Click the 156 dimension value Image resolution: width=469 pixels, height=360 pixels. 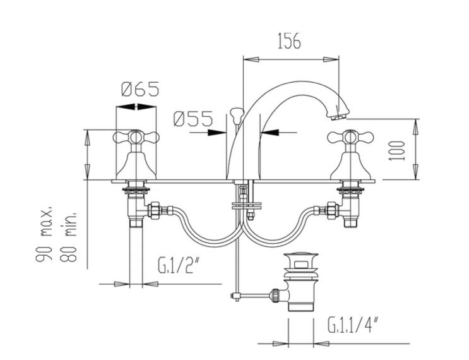[x=289, y=41]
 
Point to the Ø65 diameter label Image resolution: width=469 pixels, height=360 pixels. [x=140, y=89]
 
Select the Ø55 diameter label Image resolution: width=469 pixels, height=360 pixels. [x=193, y=119]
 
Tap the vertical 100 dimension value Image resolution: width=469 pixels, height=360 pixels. [x=397, y=150]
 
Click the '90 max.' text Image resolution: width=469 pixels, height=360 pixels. [x=44, y=234]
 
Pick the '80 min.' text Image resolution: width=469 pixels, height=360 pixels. [x=68, y=237]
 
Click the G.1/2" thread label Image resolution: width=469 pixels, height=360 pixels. [x=179, y=265]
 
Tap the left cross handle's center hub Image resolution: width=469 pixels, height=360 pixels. [x=136, y=137]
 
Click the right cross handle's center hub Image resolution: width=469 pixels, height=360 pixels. [x=350, y=137]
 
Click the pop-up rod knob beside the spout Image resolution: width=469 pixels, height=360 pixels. [x=236, y=114]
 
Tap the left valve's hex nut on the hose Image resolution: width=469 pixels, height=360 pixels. [x=154, y=210]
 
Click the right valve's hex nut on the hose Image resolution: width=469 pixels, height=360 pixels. [x=332, y=210]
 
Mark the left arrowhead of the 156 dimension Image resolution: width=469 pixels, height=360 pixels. [x=251, y=59]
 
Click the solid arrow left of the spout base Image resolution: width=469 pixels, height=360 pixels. [x=217, y=132]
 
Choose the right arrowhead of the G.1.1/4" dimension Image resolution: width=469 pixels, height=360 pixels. [x=321, y=344]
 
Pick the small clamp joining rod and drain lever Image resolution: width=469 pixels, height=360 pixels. [x=237, y=296]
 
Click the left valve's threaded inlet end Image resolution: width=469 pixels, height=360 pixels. [x=136, y=223]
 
